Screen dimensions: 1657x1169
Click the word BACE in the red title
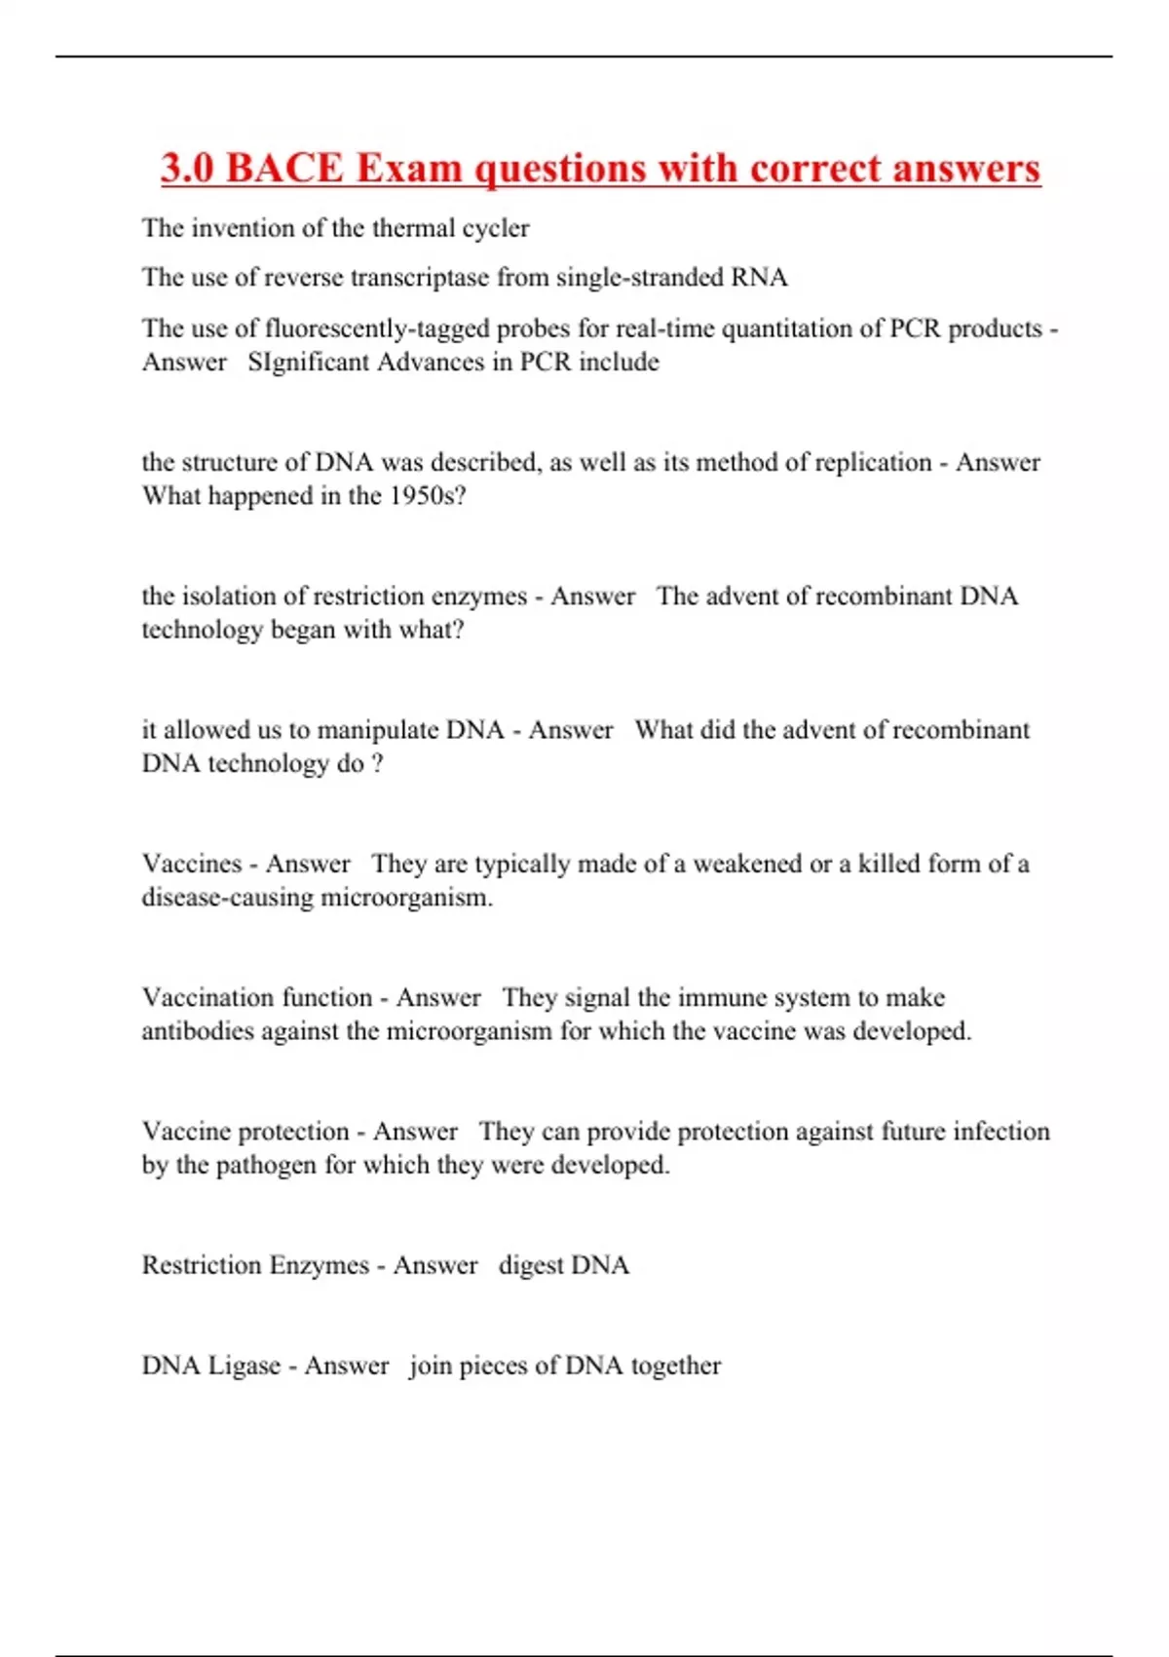284,168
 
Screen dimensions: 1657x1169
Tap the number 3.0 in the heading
187,168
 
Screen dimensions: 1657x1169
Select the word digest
531,1265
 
